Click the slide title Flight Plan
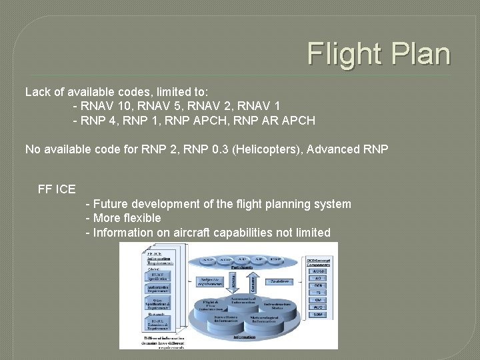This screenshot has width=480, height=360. pyautogui.click(x=379, y=54)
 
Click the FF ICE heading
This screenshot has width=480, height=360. pyautogui.click(x=57, y=189)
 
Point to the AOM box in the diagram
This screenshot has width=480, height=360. pyautogui.click(x=318, y=271)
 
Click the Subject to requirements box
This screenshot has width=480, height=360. pyautogui.click(x=210, y=282)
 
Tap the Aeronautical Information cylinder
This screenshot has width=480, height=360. pyautogui.click(x=243, y=300)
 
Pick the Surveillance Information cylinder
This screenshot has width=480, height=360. pyautogui.click(x=224, y=321)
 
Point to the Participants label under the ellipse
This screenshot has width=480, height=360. pyautogui.click(x=243, y=267)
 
